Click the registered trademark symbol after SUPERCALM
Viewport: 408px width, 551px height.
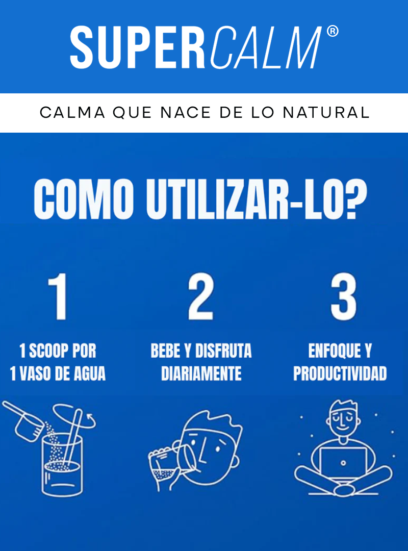tap(332, 32)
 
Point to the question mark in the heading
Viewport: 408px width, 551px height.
tap(355, 198)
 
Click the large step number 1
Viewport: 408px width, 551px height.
tap(59, 297)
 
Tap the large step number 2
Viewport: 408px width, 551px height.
tap(200, 297)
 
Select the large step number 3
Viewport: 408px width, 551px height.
tap(342, 297)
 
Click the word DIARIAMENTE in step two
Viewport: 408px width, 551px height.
tap(201, 374)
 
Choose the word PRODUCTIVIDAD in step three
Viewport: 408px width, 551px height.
tap(340, 374)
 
